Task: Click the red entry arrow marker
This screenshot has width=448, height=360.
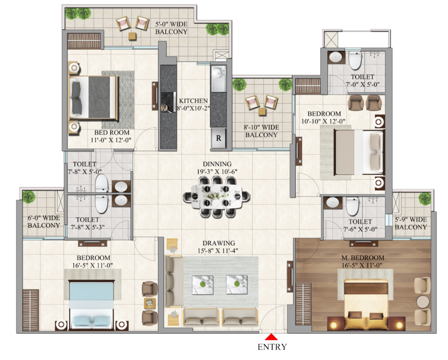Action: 272,337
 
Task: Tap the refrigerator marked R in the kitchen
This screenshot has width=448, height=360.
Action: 218,139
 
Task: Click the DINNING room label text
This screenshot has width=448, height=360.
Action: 217,164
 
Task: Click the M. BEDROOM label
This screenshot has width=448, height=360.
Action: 363,258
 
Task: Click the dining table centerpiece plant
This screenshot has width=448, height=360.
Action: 217,196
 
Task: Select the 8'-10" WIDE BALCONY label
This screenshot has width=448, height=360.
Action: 261,131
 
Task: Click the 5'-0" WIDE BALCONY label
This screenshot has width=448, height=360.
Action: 172,28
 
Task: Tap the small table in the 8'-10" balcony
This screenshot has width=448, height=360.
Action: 262,111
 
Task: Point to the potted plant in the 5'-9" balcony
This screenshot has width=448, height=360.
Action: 424,199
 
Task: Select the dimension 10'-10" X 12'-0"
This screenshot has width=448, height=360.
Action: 324,121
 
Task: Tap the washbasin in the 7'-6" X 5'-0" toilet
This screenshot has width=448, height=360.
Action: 333,203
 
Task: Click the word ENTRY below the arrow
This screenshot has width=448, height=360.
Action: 272,347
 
